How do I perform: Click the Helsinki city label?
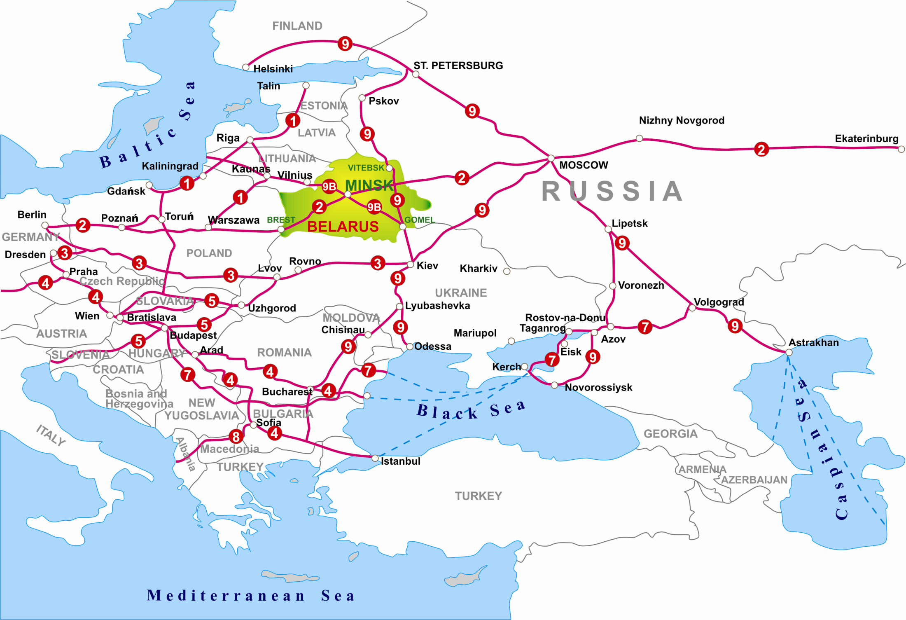pyautogui.click(x=273, y=69)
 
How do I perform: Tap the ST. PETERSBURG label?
pyautogui.click(x=458, y=66)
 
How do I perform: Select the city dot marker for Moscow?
pyautogui.click(x=551, y=158)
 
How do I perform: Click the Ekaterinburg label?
pyautogui.click(x=866, y=138)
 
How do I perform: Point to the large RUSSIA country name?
pyautogui.click(x=612, y=192)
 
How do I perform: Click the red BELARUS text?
pyautogui.click(x=343, y=227)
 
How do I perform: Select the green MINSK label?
pyautogui.click(x=369, y=185)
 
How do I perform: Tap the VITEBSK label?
pyautogui.click(x=366, y=168)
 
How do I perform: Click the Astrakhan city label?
pyautogui.click(x=813, y=343)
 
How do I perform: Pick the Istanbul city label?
pyautogui.click(x=400, y=461)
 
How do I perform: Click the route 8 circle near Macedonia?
pyautogui.click(x=236, y=436)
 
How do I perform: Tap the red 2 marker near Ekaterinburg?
pyautogui.click(x=761, y=149)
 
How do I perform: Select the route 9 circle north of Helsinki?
pyautogui.click(x=345, y=44)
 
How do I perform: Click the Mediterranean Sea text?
pyautogui.click(x=251, y=596)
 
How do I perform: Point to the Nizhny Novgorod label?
pyautogui.click(x=682, y=120)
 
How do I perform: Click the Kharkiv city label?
pyautogui.click(x=478, y=269)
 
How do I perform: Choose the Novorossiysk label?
pyautogui.click(x=598, y=387)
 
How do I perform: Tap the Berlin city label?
pyautogui.click(x=32, y=215)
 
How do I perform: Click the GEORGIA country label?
pyautogui.click(x=670, y=434)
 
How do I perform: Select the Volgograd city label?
pyautogui.click(x=719, y=302)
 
